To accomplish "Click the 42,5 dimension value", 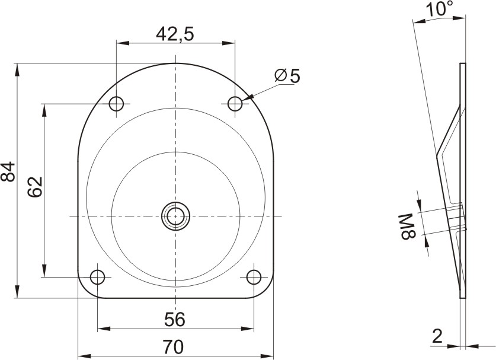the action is [175, 34].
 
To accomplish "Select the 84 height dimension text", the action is [8, 171].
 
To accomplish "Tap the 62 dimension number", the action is [35, 187].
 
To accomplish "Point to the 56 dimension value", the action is [174, 319].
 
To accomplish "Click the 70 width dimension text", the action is [174, 347].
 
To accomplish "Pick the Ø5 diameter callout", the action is [287, 76].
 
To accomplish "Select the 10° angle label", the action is [439, 8].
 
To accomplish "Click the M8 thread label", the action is [408, 227].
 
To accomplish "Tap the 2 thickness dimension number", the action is [437, 336].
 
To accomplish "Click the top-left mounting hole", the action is [116, 104].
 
